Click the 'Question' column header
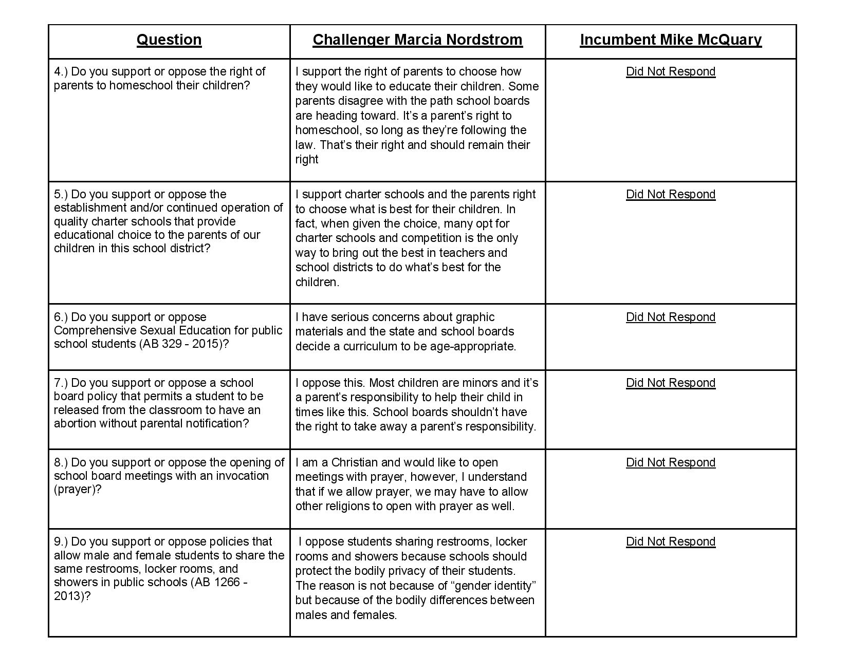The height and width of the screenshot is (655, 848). click(x=169, y=40)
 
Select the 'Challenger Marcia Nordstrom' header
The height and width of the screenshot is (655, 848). click(x=417, y=40)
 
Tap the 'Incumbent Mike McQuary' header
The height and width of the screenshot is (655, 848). click(x=671, y=40)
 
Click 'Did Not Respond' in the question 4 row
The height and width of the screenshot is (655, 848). click(x=671, y=71)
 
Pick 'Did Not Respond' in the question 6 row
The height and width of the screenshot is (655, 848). click(x=671, y=317)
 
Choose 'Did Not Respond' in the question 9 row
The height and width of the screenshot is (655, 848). click(x=671, y=541)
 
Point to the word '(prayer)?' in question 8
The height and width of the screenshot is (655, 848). click(x=77, y=489)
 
